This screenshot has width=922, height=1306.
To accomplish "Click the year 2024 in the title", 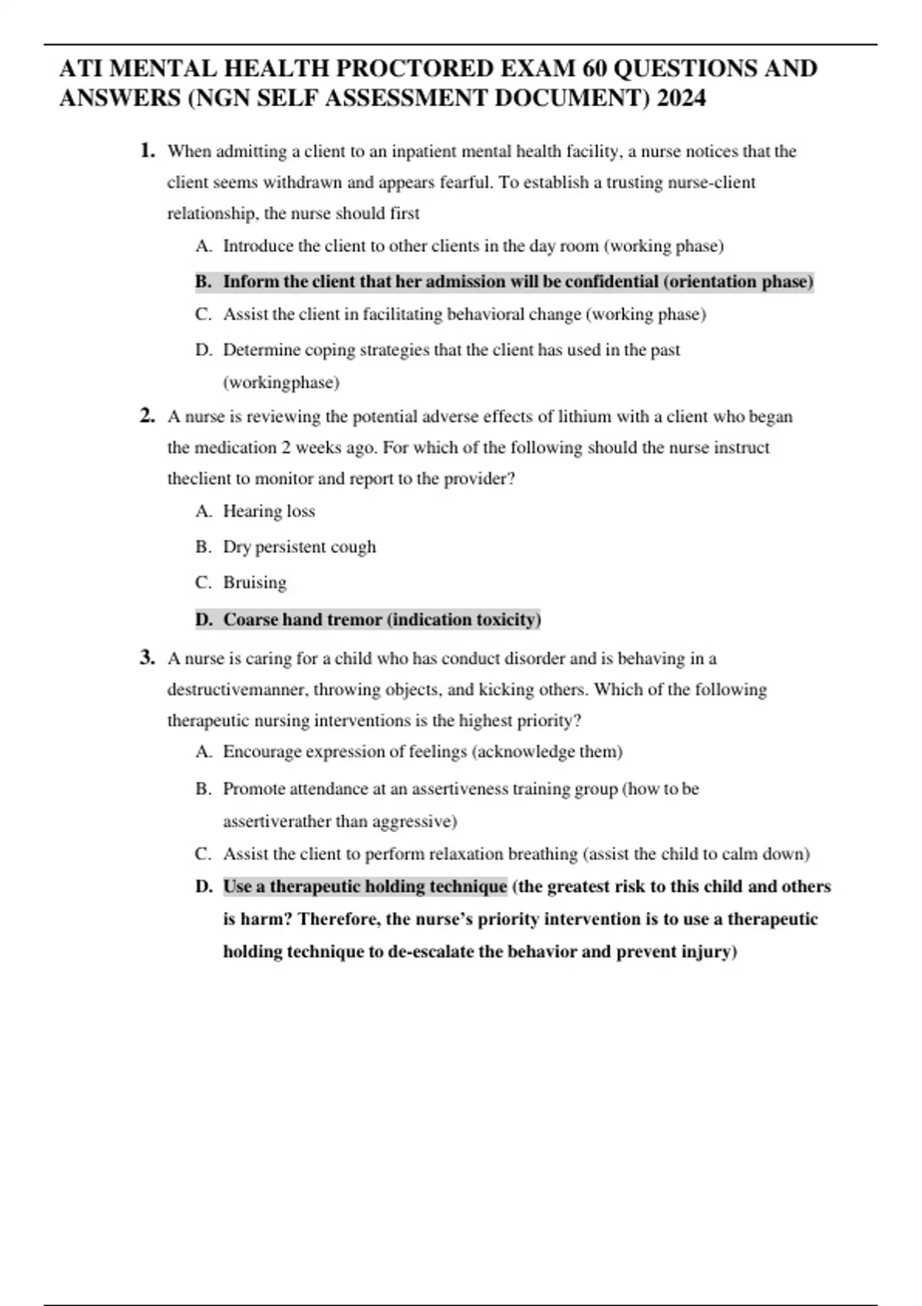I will click(681, 98).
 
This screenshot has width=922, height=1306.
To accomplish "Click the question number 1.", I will click(148, 151).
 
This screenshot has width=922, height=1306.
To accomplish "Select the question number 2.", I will click(148, 416).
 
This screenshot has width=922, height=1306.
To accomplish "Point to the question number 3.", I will click(148, 658).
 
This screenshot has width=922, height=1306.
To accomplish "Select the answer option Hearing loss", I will click(269, 511).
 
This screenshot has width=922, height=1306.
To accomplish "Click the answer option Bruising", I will click(254, 582).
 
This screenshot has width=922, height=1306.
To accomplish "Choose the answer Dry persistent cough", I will click(300, 547).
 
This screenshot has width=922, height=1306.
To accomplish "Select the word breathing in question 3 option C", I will click(547, 854).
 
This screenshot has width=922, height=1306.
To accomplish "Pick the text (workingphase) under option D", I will click(281, 382).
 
